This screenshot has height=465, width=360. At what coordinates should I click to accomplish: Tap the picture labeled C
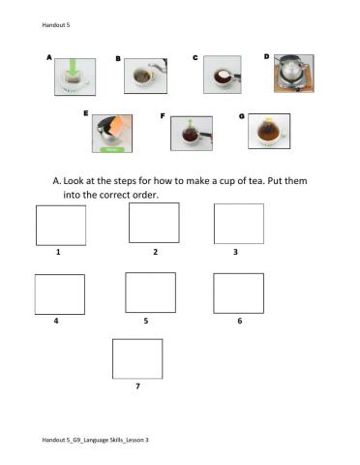coord(222,75)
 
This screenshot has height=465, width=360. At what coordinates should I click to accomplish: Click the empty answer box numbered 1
coord(60,225)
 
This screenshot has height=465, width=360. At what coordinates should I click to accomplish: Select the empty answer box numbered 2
coord(153,222)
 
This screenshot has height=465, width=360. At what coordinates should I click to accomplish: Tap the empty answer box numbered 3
coord(238,224)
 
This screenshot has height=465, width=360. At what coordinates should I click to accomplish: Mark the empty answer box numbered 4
coord(59,293)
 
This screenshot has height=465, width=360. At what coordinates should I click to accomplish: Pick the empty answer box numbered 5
coord(150,293)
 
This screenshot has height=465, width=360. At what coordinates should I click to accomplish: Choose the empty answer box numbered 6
coord(238,293)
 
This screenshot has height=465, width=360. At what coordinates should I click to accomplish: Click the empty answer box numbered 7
coord(137,357)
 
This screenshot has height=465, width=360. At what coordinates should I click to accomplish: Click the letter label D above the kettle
coord(267,56)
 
